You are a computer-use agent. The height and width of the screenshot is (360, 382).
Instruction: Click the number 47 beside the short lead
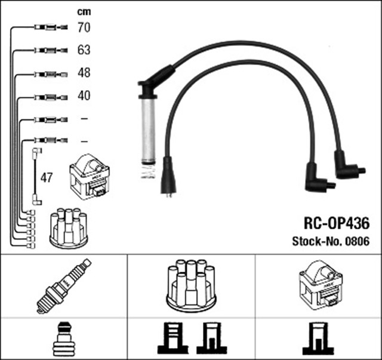point(45,177)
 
